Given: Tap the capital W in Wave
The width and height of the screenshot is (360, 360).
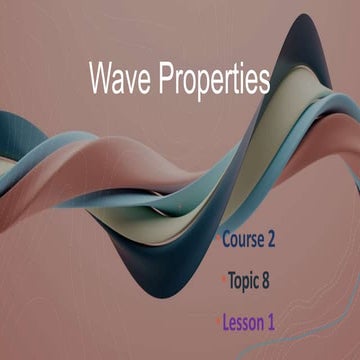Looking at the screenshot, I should click(101, 78).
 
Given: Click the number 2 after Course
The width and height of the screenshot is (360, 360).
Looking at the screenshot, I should click(270, 239).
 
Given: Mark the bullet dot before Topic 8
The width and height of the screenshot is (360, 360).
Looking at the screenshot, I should click(222, 281).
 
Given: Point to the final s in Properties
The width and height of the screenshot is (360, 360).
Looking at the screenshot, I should click(264, 81).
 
